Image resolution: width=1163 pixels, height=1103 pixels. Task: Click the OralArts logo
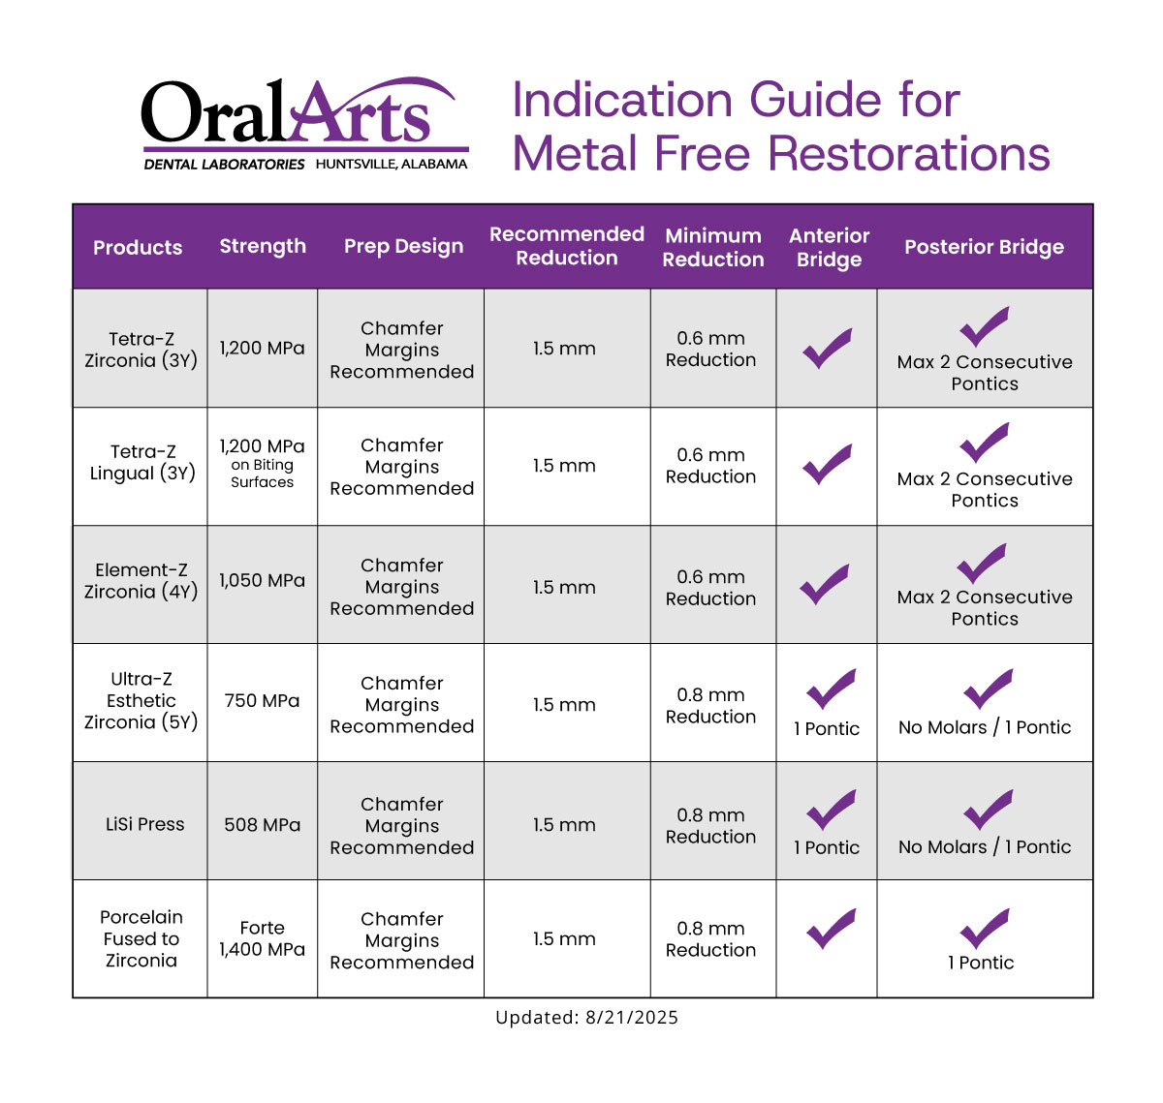click(x=304, y=123)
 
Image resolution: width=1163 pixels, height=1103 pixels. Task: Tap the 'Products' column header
click(x=138, y=247)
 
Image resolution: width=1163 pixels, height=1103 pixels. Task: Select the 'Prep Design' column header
click(x=403, y=246)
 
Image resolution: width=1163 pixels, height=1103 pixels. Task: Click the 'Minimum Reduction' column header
click(x=712, y=247)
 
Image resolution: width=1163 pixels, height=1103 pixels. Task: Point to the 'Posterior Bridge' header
click(x=983, y=247)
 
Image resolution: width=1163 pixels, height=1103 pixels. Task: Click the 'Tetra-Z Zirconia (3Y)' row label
click(x=141, y=349)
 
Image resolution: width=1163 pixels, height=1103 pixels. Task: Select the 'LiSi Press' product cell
click(x=144, y=823)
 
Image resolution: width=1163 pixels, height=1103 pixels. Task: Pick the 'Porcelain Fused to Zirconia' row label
click(x=141, y=938)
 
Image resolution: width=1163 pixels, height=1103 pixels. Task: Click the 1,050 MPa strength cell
click(x=262, y=580)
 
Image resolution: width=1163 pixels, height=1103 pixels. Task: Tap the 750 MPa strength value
click(x=262, y=700)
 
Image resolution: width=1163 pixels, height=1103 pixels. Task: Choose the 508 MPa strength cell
click(x=262, y=824)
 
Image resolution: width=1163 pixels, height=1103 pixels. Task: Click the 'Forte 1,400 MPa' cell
click(x=262, y=938)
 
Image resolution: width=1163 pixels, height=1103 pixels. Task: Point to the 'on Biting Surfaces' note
click(x=262, y=473)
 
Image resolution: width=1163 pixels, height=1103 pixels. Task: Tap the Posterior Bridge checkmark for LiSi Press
click(x=988, y=809)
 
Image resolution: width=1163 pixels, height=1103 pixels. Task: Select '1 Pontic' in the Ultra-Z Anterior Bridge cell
click(x=826, y=728)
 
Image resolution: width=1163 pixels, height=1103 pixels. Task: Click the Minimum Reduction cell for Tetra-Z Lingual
click(x=709, y=466)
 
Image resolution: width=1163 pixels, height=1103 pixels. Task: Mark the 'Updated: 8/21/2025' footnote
click(x=585, y=1017)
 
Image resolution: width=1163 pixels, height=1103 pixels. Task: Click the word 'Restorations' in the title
click(x=908, y=154)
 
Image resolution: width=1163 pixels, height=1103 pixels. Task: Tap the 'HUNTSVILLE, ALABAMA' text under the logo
click(x=391, y=164)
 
